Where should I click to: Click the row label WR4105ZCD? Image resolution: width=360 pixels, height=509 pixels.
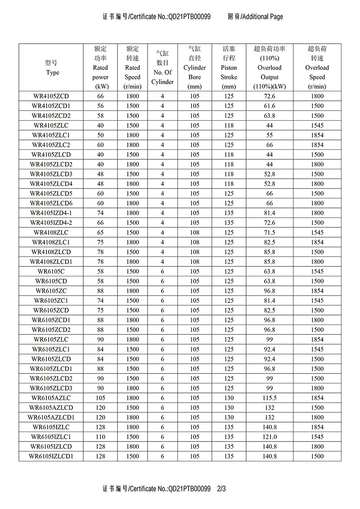tap(51, 96)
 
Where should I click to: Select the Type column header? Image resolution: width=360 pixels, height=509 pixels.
tap(52, 68)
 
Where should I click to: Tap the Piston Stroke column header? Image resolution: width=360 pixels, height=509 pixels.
tap(229, 68)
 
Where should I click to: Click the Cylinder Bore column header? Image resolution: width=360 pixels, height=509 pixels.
tap(194, 68)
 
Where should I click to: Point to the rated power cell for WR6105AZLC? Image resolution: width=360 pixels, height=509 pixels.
tap(100, 398)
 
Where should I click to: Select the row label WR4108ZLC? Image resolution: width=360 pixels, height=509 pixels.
tap(51, 233)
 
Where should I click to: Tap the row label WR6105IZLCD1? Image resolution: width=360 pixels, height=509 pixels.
tap(51, 456)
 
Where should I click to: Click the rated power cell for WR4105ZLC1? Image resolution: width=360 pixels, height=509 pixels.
tap(100, 135)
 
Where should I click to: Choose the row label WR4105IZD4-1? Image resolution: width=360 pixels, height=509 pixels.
tap(51, 213)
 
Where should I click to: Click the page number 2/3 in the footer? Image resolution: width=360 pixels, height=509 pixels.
tap(221, 488)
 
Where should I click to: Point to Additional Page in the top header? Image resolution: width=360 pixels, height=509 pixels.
tap(262, 17)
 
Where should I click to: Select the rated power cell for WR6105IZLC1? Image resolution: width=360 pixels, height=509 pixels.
tap(100, 437)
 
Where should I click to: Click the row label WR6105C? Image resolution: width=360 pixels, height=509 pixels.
tap(51, 271)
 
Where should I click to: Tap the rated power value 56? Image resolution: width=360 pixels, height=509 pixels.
tap(100, 106)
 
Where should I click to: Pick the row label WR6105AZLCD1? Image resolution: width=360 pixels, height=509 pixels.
tap(51, 417)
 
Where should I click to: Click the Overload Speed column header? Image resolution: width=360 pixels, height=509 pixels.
tap(317, 68)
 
